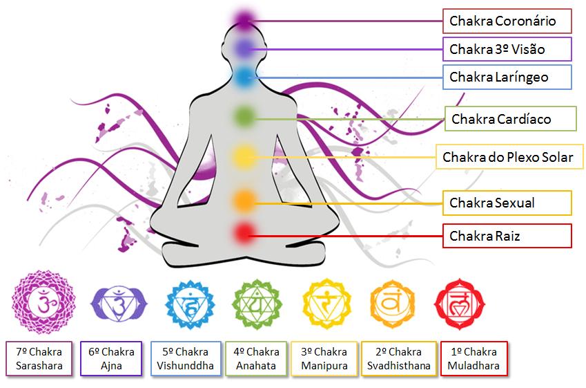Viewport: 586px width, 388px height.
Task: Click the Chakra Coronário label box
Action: (507, 21)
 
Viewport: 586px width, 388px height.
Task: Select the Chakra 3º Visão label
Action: (507, 49)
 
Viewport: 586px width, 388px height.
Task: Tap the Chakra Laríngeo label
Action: (507, 77)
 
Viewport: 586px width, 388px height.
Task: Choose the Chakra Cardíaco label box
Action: (511, 119)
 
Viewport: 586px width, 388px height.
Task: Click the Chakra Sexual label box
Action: (507, 203)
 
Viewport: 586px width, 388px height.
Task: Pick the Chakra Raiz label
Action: (507, 236)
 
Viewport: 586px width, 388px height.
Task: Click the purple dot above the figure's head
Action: (243, 19)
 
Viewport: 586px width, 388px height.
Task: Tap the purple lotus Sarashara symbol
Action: (42, 302)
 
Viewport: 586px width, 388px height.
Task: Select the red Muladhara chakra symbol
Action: (459, 303)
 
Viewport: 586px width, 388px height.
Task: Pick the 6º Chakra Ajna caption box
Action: (111, 358)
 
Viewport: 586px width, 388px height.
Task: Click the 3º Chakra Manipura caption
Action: (324, 358)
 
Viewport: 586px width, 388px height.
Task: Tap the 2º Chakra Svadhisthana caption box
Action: (400, 358)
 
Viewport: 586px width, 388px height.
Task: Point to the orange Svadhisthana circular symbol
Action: (392, 303)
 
